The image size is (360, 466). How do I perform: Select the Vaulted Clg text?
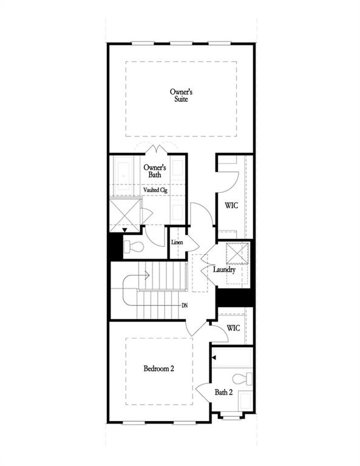(155, 190)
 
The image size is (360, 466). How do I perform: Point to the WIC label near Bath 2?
(234, 328)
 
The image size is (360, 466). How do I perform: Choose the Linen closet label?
(177, 243)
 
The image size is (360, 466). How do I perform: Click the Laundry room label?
(224, 269)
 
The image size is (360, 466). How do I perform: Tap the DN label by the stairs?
(184, 305)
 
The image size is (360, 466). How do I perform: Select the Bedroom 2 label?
(159, 368)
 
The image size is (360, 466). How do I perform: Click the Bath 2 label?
(223, 393)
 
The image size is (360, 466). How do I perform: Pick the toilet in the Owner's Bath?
(134, 247)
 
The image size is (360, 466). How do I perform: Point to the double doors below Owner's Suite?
(158, 149)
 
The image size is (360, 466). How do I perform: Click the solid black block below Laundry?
(234, 297)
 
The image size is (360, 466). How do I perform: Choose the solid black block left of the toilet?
(115, 248)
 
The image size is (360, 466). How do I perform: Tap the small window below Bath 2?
(230, 416)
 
